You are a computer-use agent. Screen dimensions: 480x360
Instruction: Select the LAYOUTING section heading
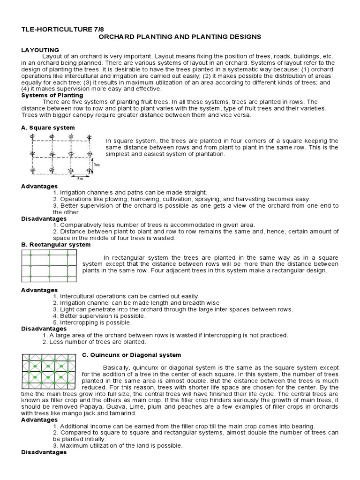40,50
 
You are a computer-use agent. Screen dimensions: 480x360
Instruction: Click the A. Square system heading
48,127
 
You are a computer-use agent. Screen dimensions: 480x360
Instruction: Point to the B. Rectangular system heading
56,244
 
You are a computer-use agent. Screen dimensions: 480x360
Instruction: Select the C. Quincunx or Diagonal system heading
131,355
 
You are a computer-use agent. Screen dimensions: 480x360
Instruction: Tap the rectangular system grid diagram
49,266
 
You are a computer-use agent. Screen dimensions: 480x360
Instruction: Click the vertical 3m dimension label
96,165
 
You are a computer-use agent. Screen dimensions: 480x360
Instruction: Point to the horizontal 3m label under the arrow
80,179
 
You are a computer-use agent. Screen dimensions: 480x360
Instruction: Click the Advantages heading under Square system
39,186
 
